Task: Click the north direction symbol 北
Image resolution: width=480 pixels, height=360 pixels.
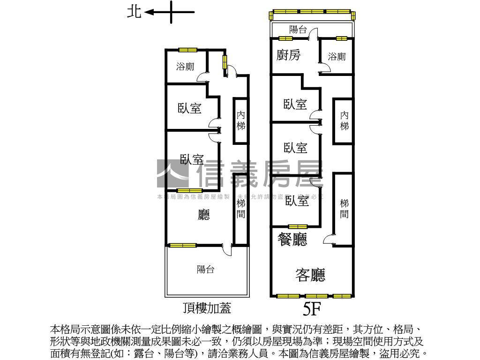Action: tap(134, 12)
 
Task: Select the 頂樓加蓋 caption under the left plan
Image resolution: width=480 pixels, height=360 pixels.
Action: tap(207, 308)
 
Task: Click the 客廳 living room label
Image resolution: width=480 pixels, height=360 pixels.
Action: tap(310, 275)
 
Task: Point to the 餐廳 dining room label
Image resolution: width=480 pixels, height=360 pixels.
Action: tap(292, 240)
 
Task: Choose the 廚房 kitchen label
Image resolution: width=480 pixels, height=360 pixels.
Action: tap(288, 55)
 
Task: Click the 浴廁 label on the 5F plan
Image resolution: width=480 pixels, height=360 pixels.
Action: tap(337, 57)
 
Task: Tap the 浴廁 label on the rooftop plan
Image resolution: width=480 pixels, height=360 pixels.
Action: tap(185, 67)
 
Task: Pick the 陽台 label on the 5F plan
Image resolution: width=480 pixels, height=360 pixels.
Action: tap(298, 30)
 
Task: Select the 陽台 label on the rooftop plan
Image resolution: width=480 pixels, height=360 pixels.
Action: tap(205, 270)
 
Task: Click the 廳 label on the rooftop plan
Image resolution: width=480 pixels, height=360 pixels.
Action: tap(204, 215)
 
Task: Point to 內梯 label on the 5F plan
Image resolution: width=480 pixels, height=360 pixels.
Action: tap(345, 120)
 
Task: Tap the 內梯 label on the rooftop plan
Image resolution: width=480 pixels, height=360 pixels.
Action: tap(241, 120)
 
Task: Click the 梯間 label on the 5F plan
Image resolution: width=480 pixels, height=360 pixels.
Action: tap(345, 209)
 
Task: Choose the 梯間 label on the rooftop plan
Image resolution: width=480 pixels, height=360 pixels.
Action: tap(241, 209)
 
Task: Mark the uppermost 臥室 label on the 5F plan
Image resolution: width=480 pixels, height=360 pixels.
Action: tap(295, 104)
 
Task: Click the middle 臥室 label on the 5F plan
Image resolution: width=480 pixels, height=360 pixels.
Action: tap(295, 148)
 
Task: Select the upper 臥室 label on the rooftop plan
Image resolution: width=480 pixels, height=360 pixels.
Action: tap(190, 108)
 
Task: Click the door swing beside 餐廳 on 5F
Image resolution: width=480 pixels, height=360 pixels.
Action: tap(328, 240)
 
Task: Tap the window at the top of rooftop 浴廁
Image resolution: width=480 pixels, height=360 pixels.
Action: tap(187, 50)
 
